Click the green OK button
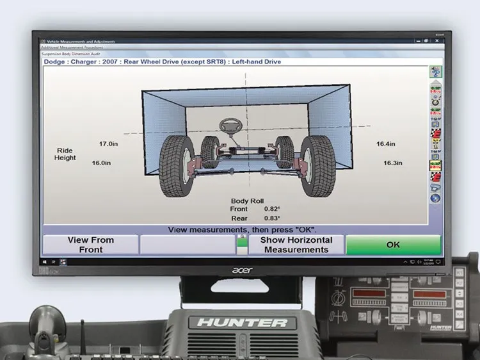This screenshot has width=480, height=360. pos(393,245)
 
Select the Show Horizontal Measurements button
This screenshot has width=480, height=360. pos(296,245)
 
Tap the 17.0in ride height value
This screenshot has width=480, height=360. pos(108,144)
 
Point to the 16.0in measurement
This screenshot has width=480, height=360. pos(102,163)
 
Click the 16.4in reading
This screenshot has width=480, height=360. pos(385,144)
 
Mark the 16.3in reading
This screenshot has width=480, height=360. pos(392,163)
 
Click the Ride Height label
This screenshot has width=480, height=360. pos(65,154)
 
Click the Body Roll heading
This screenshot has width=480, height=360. pos(247,200)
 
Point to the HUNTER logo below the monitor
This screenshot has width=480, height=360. pos(242,322)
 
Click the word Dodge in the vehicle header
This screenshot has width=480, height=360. pos(55,62)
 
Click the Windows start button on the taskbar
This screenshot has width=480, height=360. pos(44,261)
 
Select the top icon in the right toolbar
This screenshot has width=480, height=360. pos(435,72)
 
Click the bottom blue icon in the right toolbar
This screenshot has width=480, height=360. pos(435,199)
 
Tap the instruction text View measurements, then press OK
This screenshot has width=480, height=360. pos(242,229)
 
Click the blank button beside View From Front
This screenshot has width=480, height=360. pos(188,245)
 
